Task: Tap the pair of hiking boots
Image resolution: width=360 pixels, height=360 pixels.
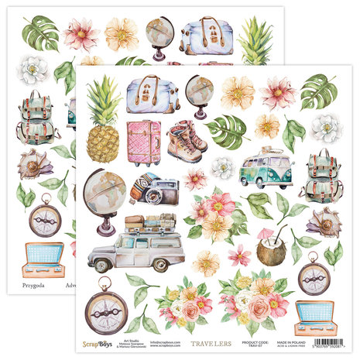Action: point(187,140)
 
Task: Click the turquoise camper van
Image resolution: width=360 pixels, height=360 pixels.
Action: point(266,169)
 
